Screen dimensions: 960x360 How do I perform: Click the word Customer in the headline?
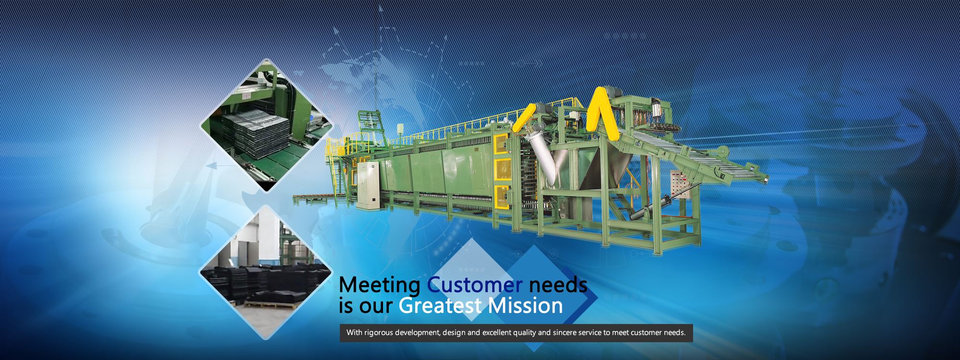click(475, 285)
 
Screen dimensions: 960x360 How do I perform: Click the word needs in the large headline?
click(558, 285)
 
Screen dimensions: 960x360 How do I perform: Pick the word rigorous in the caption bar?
click(379, 333)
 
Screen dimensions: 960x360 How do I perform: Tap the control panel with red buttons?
click(678, 184)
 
